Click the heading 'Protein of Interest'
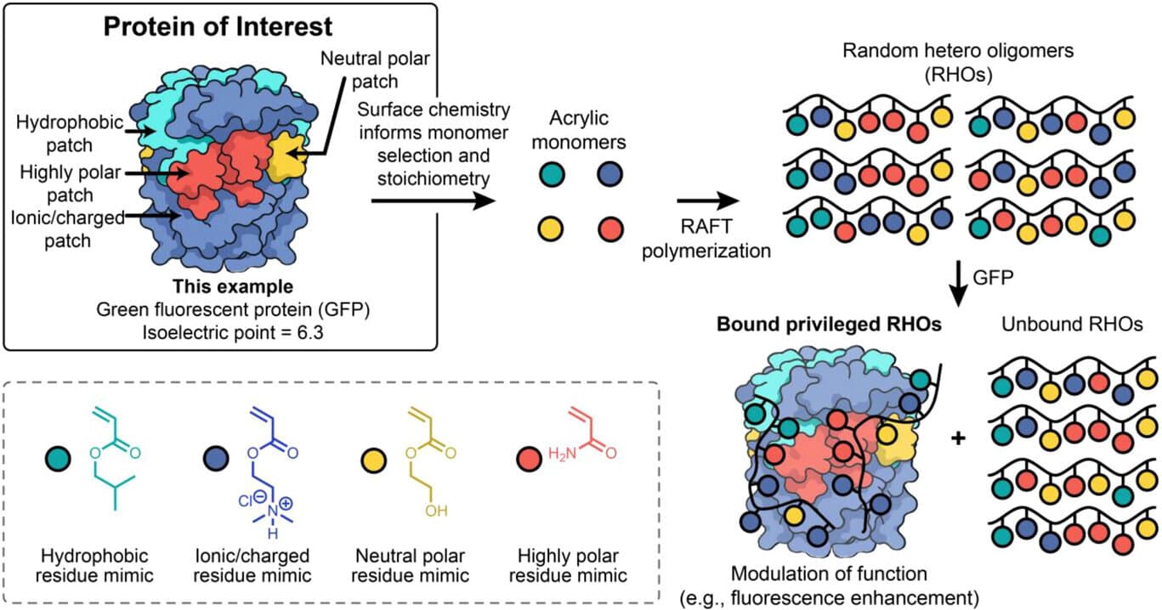pos(218,27)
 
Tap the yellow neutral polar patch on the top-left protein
pos(286,156)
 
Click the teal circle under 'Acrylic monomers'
pos(552,174)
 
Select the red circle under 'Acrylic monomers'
pos(610,229)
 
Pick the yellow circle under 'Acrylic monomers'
pos(550,229)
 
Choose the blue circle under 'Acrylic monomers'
pos(609,174)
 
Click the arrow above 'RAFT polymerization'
pos(708,201)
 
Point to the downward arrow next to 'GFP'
pos(958,283)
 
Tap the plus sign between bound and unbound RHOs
pos(958,438)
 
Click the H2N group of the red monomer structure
pos(563,454)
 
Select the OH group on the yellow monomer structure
pos(436,511)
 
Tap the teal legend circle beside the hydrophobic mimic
pos(58,459)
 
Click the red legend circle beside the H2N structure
pos(529,459)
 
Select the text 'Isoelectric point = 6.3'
pos(233,332)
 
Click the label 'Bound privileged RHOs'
pos(829,325)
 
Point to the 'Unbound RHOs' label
pos(1072,325)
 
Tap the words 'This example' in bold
pos(233,286)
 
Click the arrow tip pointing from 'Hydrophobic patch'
pos(154,131)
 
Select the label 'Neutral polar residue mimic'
pos(410,566)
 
